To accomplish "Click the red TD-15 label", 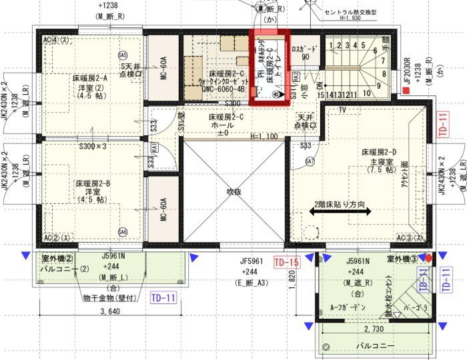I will pos(287,263).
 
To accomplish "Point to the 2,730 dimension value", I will pos(375,329).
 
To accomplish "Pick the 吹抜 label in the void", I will pos(233,191).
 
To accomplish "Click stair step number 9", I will pos(378,85).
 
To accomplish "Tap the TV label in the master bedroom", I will pos(342,109).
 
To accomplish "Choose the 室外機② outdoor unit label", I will pos(57,258).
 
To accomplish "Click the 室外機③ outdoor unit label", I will pos(402,258).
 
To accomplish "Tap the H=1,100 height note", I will pos(266,137).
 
